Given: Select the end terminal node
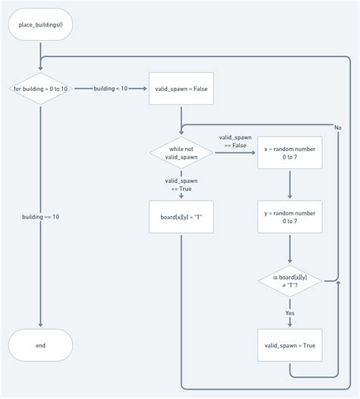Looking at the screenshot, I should (40, 345).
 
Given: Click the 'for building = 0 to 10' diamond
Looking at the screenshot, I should (40, 90).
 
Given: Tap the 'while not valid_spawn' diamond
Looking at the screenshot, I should (182, 153).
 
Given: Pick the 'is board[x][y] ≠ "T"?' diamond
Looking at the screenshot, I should (289, 281).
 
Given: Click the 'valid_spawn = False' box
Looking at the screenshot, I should (182, 90).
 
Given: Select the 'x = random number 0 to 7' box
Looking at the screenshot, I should (289, 153).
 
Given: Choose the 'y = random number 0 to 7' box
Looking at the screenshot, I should (289, 217).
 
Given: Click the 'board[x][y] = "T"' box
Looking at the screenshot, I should (182, 217).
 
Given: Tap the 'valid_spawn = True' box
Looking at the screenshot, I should (289, 345).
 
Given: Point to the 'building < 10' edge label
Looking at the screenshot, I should (111, 90).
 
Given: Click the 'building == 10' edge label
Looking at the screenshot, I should (40, 217).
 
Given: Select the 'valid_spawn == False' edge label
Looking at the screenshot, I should (235, 141).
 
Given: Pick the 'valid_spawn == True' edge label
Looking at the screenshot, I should (182, 185).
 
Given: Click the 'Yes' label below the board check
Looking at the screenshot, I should (289, 313).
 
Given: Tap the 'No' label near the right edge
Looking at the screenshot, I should (338, 127).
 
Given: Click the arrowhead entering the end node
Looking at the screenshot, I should (40, 325).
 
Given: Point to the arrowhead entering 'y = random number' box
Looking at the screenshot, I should (289, 197).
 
